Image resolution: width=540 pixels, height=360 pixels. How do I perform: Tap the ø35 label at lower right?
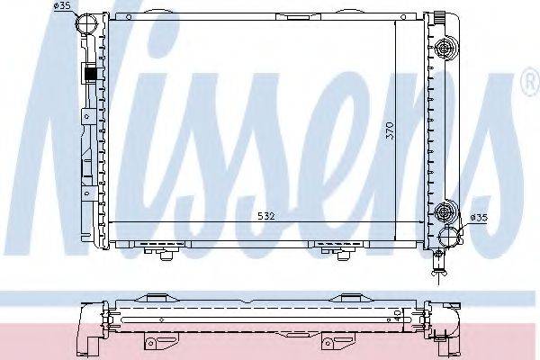point(480,217)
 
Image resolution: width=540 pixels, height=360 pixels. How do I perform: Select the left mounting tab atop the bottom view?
point(157,298)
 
